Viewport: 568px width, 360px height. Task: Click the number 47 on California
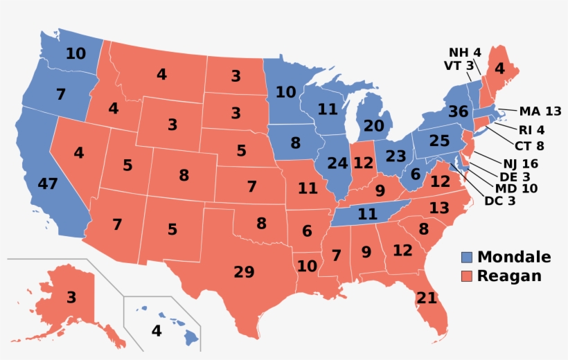[48, 184]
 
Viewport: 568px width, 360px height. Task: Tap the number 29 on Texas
[244, 272]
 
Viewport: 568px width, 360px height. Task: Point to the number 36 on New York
[459, 111]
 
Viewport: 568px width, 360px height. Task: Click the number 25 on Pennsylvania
[439, 141]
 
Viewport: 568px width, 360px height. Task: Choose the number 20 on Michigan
[373, 126]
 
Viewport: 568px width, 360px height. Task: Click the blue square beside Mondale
[468, 258]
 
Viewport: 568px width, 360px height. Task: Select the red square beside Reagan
[468, 276]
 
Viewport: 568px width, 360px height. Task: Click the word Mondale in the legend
[514, 258]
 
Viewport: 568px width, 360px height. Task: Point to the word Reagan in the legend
[509, 276]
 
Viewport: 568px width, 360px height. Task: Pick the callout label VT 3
[459, 65]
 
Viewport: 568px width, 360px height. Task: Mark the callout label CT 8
[529, 145]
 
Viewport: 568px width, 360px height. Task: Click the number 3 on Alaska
[71, 298]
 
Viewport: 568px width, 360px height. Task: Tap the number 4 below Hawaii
[157, 331]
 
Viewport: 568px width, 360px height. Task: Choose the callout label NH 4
[465, 52]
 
